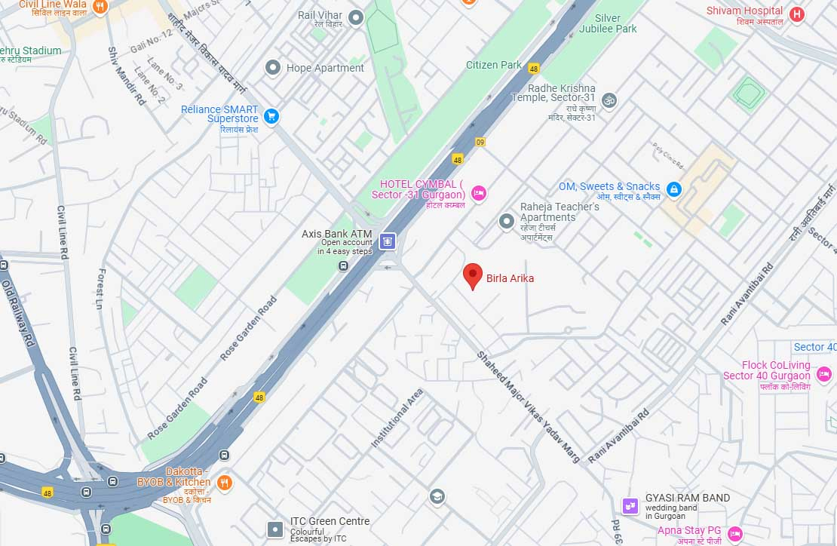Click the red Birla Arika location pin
[472, 275]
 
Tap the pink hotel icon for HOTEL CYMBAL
[477, 194]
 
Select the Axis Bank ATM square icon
[388, 241]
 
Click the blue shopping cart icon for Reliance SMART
[271, 116]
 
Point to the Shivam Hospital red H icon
[796, 14]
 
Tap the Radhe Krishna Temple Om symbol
[609, 100]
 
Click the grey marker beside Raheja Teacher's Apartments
[507, 221]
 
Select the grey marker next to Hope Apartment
[273, 68]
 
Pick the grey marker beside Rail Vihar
[356, 17]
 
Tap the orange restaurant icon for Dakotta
[224, 483]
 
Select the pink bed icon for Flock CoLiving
[825, 373]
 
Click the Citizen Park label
[494, 65]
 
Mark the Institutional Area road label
[397, 419]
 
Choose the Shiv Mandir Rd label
[126, 75]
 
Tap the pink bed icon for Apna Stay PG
[735, 533]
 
